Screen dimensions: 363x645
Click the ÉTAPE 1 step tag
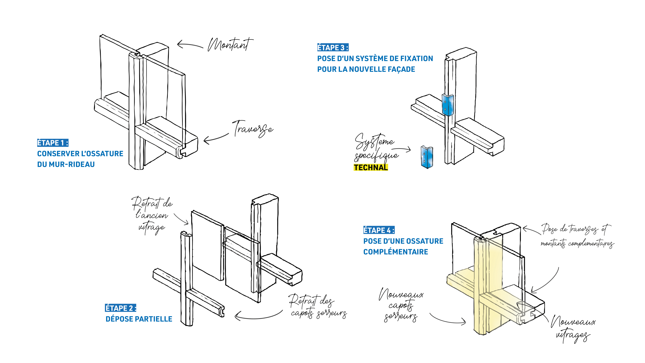[52, 143]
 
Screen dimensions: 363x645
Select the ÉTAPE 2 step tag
[120, 308]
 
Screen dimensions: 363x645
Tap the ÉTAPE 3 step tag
[333, 47]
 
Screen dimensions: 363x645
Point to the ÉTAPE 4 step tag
[379, 230]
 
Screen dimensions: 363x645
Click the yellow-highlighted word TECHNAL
[371, 167]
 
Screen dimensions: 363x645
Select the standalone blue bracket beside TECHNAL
[427, 157]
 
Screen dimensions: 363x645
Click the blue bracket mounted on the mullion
[448, 105]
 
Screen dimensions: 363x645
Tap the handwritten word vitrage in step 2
[152, 228]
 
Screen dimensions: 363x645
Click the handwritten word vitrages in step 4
[573, 336]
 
